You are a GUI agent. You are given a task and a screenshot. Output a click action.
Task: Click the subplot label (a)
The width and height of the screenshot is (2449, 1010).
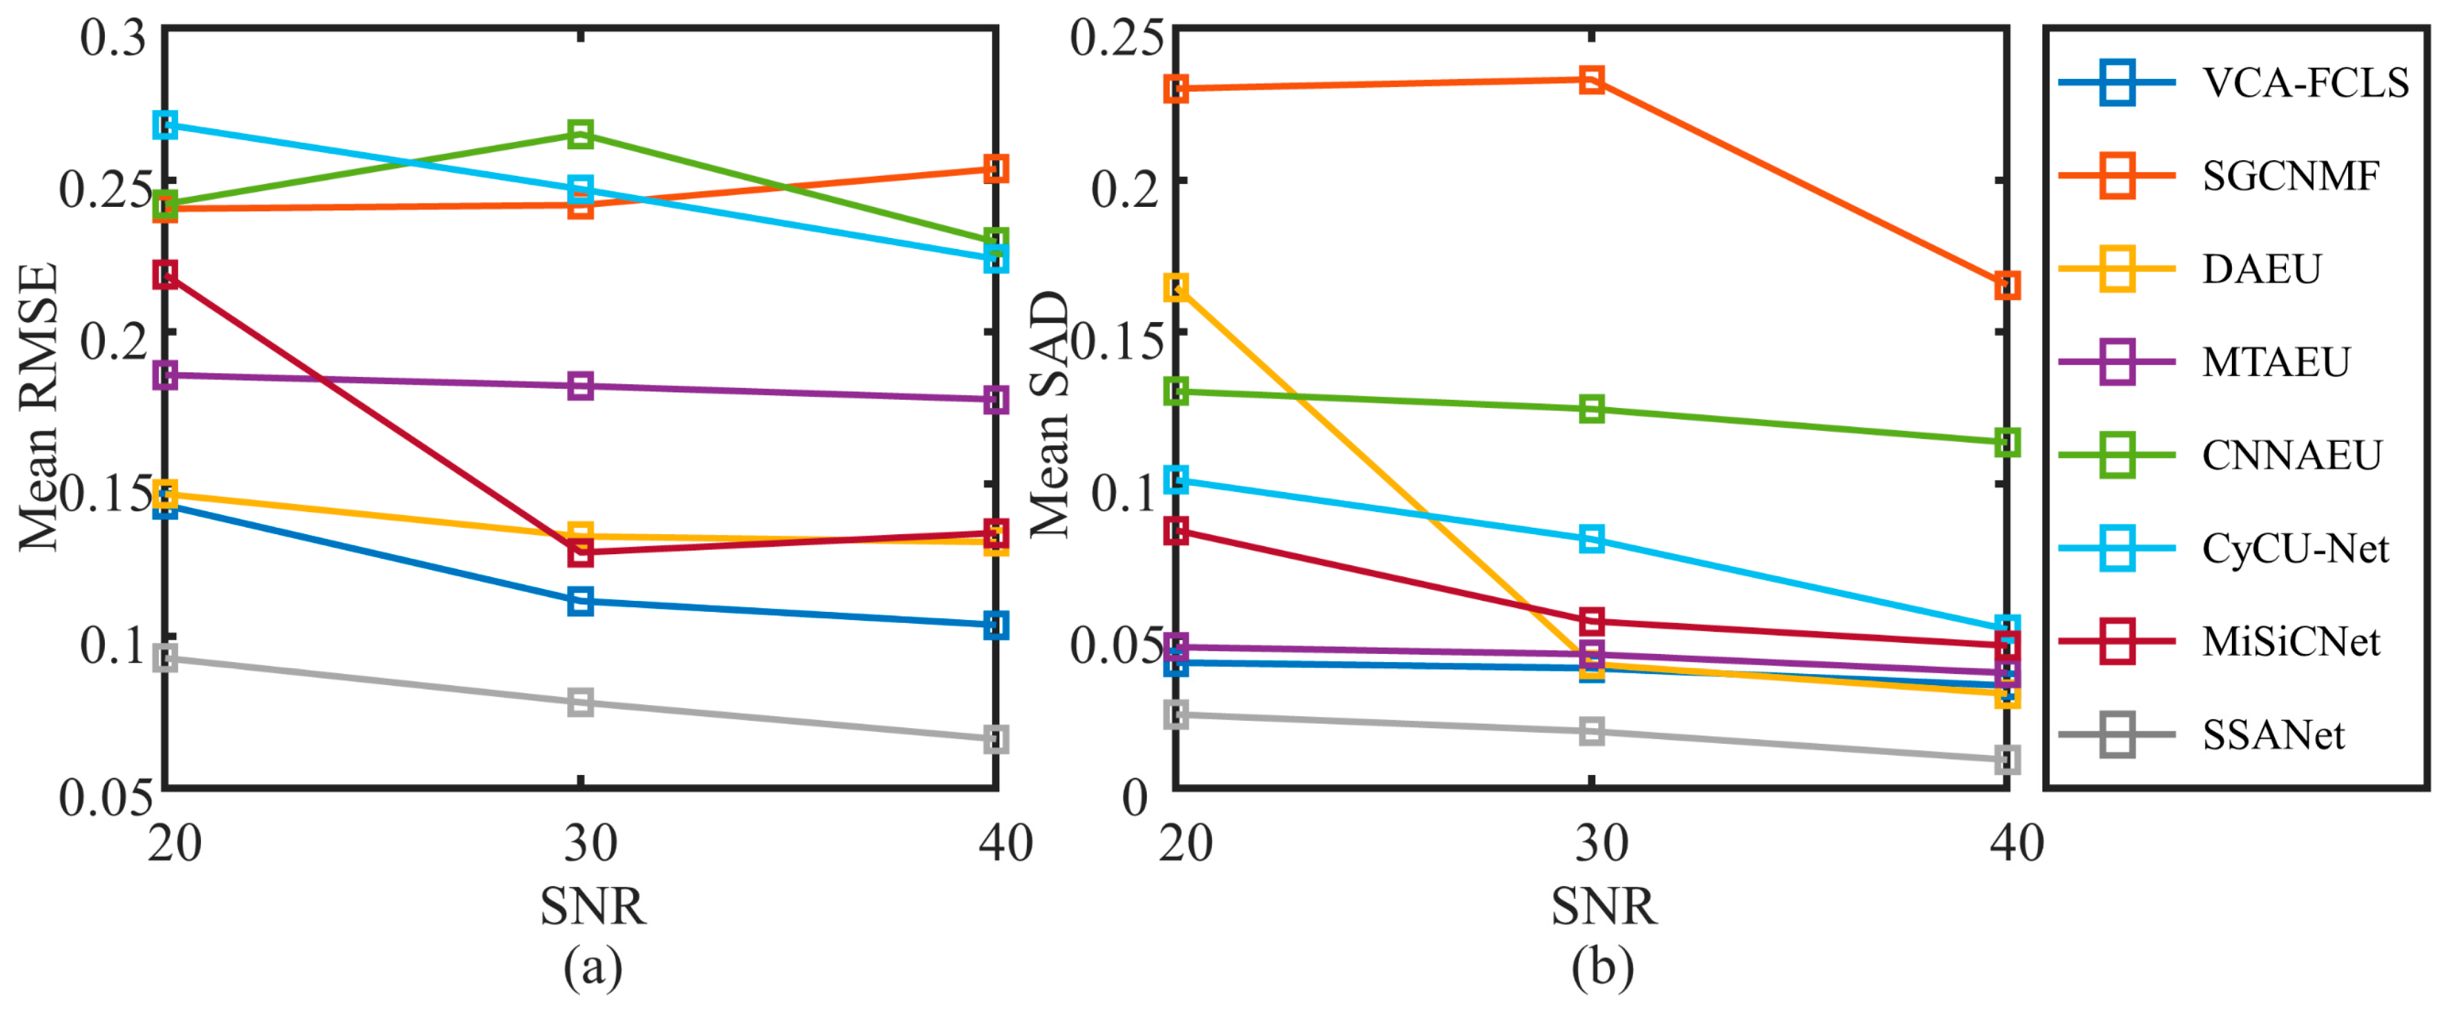pyautogui.click(x=593, y=968)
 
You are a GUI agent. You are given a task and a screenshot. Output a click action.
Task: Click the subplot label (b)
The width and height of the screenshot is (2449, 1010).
pyautogui.click(x=1603, y=968)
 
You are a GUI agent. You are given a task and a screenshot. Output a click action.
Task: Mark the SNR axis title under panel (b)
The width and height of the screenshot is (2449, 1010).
pyautogui.click(x=1603, y=906)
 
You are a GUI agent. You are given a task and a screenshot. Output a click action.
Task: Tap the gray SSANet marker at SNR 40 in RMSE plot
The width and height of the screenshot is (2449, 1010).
pyautogui.click(x=995, y=739)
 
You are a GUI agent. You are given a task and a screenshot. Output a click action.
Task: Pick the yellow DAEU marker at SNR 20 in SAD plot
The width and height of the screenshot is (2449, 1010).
pyautogui.click(x=1176, y=287)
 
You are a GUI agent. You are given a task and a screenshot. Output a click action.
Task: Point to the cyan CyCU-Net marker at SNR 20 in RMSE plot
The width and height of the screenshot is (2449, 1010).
pyautogui.click(x=165, y=124)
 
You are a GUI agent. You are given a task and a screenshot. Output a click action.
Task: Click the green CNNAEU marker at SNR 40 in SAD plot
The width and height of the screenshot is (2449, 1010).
pyautogui.click(x=2006, y=442)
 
